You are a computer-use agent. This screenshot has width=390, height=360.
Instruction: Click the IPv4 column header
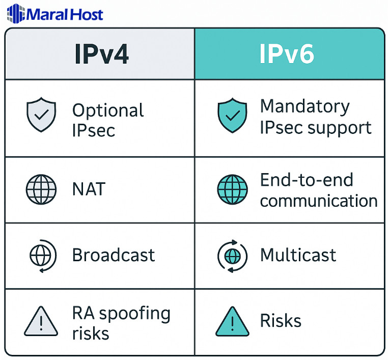pos(101,54)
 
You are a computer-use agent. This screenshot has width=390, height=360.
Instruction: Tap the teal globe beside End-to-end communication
pos(232,189)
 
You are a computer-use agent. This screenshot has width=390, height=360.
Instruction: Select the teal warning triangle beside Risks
pos(232,321)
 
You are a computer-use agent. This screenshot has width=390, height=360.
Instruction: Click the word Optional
pos(108,110)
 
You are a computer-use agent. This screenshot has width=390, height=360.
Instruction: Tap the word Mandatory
pos(304,106)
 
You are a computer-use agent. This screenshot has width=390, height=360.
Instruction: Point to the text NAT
pos(89,189)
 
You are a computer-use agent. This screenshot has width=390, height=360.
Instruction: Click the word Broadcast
pos(114,255)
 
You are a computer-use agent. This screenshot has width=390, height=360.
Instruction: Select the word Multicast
pos(298,255)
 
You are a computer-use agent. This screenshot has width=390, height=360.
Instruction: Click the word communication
pos(319,200)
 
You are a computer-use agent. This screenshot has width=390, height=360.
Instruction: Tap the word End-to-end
pos(307,180)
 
